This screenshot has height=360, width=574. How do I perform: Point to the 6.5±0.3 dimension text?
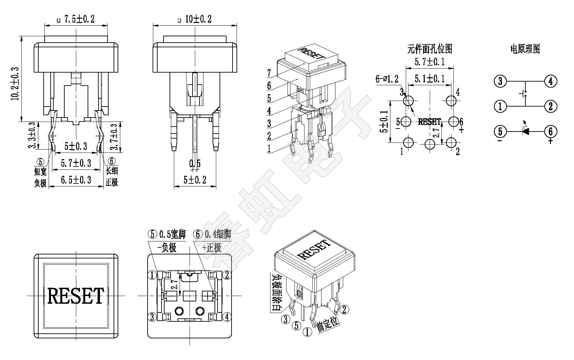76,180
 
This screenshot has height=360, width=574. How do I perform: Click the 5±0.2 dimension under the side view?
195,180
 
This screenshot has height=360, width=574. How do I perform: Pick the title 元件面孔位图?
429,49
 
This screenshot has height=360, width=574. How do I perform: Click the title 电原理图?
525,49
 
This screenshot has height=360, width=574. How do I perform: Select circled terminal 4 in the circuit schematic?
550,81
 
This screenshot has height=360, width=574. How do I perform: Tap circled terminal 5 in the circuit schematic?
500,131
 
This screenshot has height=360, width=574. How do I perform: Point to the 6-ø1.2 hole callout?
387,79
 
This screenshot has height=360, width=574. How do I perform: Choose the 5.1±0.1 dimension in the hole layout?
429,79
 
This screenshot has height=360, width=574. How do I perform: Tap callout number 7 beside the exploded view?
269,73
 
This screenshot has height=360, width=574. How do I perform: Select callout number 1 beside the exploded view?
269,149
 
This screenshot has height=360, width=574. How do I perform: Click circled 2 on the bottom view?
227,275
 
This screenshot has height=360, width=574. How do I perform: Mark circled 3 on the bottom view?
152,317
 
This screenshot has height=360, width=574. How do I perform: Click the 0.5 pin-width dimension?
195,164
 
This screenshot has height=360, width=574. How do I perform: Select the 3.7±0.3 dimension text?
115,137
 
